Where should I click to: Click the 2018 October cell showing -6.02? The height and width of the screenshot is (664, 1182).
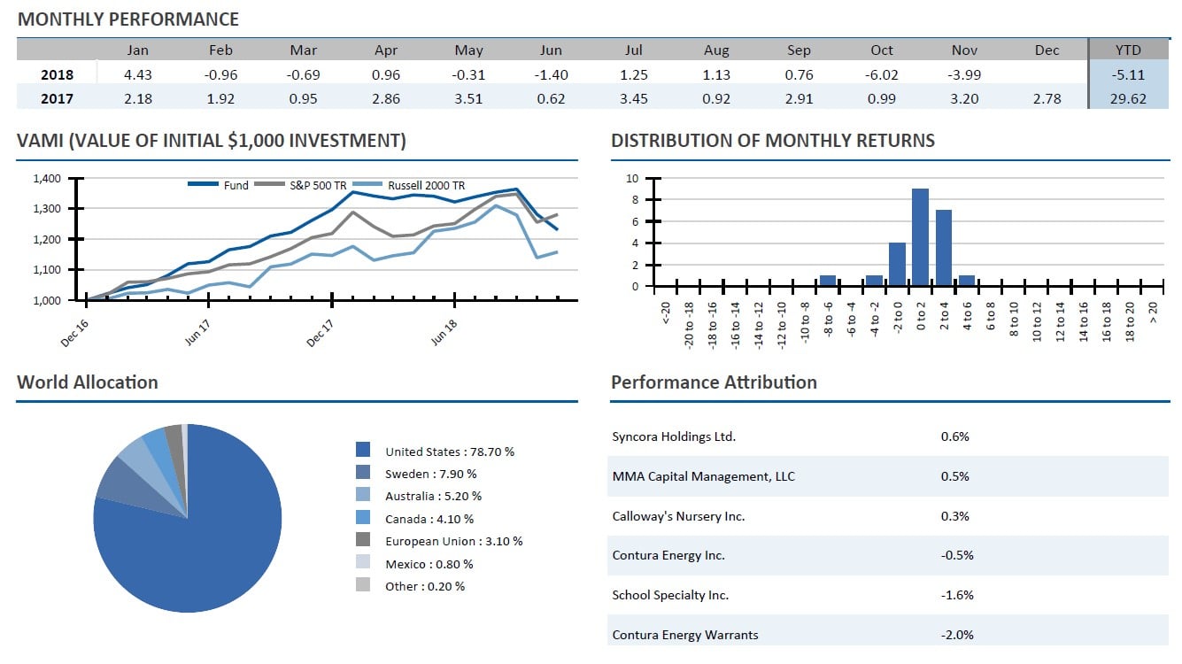882,75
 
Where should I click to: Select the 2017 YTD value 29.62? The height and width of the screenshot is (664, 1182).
1128,99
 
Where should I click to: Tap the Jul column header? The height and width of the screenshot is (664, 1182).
634,50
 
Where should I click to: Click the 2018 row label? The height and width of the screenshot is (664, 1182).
58,75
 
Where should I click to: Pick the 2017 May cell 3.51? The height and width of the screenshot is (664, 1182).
468,99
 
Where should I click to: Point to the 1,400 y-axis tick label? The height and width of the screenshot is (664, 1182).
47,179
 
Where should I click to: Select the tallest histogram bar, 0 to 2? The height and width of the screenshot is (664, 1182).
920,237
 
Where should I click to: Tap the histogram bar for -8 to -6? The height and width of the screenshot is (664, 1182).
827,281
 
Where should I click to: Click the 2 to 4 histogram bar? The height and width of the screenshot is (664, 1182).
943,248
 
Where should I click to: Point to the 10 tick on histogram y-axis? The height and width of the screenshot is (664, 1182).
632,179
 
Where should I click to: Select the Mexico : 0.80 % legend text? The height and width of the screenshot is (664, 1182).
429,564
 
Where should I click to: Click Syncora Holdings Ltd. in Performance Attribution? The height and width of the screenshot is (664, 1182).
674,436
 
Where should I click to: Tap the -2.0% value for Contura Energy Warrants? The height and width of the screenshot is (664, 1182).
956,634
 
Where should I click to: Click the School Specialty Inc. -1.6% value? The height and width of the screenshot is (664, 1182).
956,595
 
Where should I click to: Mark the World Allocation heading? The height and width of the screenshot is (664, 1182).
87,382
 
